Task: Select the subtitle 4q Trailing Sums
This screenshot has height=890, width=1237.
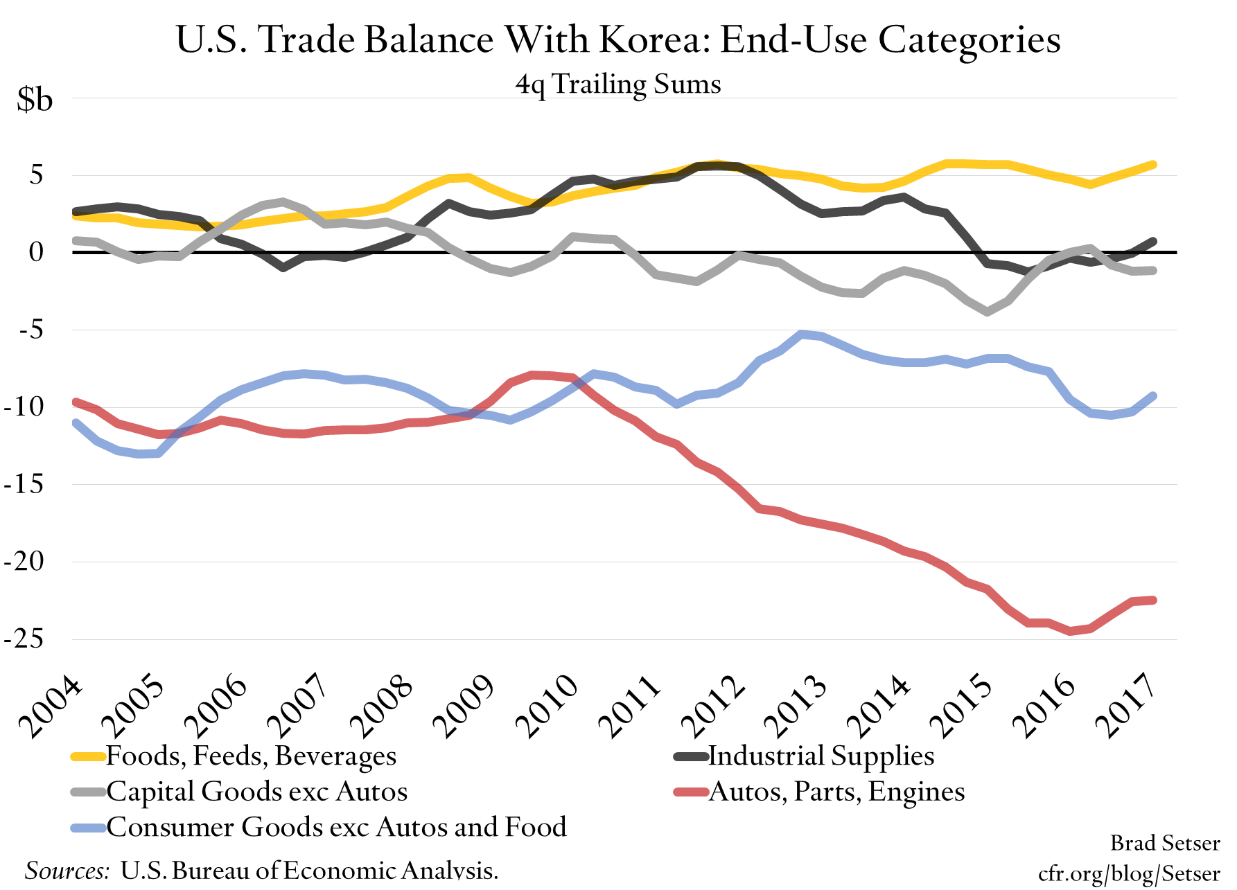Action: click(618, 84)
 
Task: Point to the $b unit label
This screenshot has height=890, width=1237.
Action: click(35, 100)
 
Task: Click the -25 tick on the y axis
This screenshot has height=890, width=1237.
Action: click(24, 639)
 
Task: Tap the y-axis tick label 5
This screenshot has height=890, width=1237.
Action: click(36, 175)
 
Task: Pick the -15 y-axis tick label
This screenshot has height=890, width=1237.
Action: click(24, 484)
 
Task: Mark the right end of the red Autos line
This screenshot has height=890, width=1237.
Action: click(1153, 600)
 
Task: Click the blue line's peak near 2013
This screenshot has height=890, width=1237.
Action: click(801, 335)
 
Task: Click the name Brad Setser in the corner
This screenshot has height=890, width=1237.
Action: click(1165, 843)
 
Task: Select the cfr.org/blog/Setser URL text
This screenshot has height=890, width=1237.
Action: click(1129, 873)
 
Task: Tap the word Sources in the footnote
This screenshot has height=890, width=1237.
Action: click(67, 871)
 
